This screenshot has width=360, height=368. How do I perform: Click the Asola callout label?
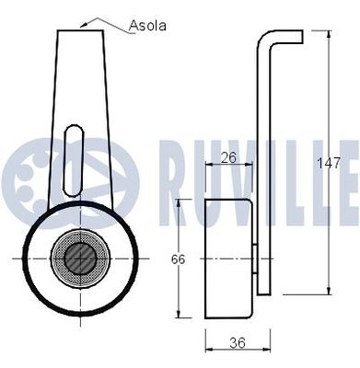[x=148, y=26]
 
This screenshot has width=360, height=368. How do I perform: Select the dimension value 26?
[x=229, y=157]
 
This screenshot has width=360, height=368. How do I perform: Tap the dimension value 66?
[x=180, y=259]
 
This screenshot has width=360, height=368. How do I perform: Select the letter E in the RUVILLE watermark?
[x=348, y=170]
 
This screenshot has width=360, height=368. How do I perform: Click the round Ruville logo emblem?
[x=55, y=170]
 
